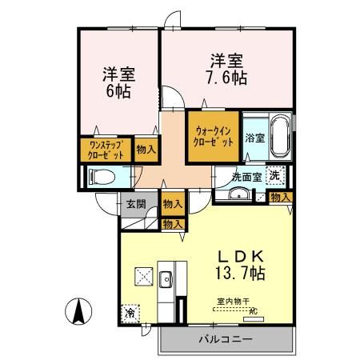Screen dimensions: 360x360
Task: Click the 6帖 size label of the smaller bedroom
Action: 118,91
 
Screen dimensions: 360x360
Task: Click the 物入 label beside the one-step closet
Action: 146,150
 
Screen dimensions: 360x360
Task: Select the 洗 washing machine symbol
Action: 274,176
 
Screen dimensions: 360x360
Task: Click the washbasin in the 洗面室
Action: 238,195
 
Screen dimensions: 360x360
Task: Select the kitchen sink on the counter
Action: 166,280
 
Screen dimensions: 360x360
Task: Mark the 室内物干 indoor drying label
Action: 231,302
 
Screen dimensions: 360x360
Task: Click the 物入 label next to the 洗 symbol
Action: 280,197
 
